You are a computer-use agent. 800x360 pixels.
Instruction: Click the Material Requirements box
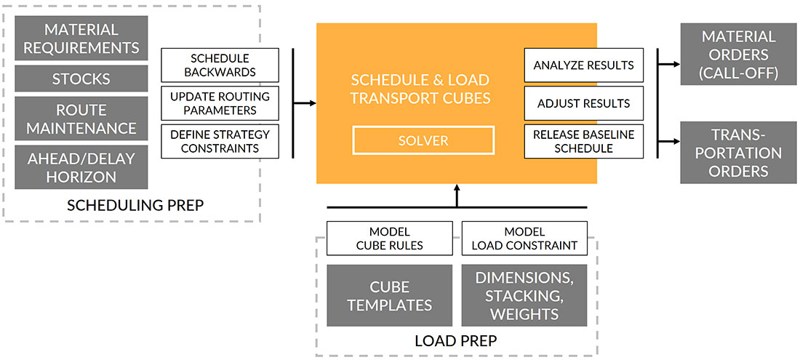[81, 39]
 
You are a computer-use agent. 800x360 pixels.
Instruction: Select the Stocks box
[81, 79]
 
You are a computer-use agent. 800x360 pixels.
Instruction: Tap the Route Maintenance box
[81, 119]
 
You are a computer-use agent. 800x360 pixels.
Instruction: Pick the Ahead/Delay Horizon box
[81, 167]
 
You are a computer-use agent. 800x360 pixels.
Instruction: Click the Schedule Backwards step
[220, 65]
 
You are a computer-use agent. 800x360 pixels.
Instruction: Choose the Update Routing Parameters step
[220, 103]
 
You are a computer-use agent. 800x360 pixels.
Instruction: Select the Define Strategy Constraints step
[220, 140]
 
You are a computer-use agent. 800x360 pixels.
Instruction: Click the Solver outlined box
[423, 140]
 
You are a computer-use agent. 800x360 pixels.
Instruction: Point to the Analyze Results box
[583, 65]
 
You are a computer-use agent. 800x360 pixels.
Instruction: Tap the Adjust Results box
[583, 103]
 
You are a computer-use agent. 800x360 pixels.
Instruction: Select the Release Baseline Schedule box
[583, 141]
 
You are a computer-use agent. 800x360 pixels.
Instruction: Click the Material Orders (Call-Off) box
[738, 54]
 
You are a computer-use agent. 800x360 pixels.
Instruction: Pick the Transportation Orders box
[738, 153]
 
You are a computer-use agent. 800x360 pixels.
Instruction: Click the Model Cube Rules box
[389, 238]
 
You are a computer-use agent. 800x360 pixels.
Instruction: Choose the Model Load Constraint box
[524, 238]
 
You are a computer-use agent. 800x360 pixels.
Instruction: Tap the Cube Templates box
[389, 295]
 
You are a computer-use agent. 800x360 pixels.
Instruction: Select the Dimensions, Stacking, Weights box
[524, 295]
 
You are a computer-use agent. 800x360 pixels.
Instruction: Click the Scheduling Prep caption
[135, 205]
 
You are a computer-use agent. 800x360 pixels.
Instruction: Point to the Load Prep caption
[455, 340]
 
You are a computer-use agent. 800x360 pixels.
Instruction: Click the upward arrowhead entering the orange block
[457, 188]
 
